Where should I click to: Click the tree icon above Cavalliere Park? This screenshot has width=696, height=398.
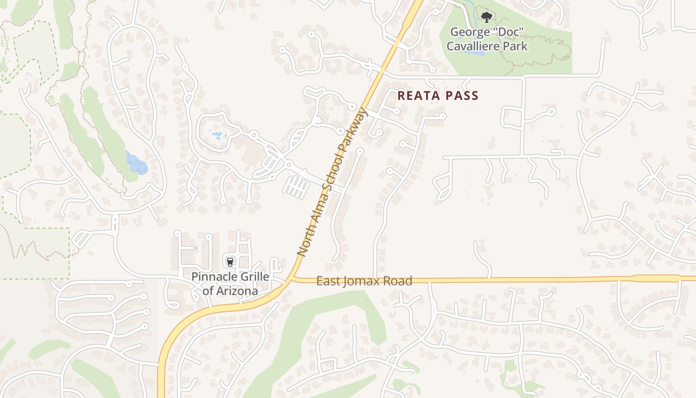pos(486,18)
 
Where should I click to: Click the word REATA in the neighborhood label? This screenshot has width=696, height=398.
pos(416,96)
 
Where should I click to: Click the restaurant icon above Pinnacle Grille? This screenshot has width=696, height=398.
pos(230,261)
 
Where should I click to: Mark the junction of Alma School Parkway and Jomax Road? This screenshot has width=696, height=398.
pos(293,278)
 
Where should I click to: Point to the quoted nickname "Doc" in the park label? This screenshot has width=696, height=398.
pos(506,33)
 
